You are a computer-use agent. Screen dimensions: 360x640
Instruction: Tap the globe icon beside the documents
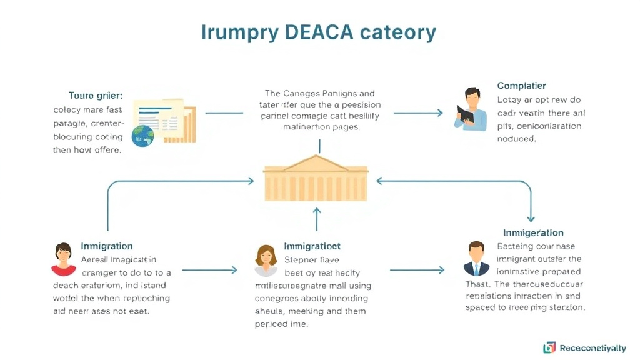tap(143, 135)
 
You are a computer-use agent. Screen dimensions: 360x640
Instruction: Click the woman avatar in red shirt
tap(63, 259)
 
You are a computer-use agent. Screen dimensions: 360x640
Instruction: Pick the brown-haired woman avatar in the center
tap(266, 260)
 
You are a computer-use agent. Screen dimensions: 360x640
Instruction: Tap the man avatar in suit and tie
tap(477, 259)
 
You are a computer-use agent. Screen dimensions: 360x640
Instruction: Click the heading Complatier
tap(522, 86)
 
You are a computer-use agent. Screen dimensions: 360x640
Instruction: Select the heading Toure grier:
tap(96, 96)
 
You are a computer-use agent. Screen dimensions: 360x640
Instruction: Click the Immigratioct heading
tap(312, 246)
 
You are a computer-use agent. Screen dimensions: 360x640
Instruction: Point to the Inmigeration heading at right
tap(533, 232)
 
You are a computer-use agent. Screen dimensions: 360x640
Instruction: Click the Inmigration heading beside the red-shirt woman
tap(107, 246)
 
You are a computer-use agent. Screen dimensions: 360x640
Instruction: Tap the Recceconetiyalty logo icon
tap(549, 347)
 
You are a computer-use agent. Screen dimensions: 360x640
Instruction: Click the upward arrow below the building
tap(317, 219)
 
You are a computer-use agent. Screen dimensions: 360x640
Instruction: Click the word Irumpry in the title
tap(239, 32)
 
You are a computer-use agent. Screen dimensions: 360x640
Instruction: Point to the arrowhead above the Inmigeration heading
tap(531, 218)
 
